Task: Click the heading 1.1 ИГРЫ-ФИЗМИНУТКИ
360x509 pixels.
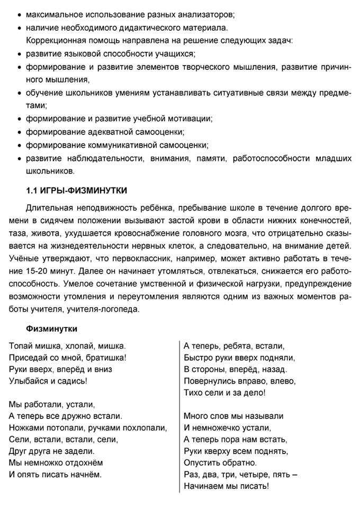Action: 77,190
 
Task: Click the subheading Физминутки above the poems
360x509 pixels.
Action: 52,329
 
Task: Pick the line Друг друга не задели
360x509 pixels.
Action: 52,451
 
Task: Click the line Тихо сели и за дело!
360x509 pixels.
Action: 224,393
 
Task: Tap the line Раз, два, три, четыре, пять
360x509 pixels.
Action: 240,474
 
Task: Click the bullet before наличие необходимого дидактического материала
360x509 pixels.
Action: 20,27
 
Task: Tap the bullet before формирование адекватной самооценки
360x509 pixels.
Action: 20,132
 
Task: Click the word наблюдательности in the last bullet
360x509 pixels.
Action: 104,158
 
